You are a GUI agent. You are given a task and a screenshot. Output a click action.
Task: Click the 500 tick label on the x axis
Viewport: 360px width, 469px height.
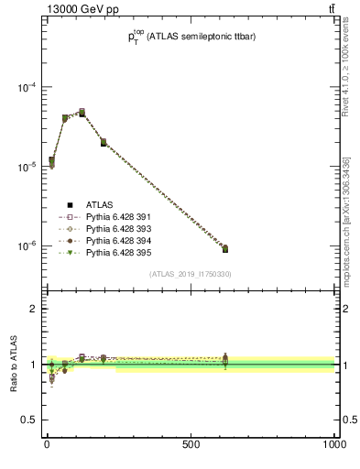[191, 444]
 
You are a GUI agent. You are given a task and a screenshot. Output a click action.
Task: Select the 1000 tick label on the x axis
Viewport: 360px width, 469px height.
[333, 444]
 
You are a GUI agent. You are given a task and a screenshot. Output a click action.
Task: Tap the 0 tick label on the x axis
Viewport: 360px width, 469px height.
[47, 444]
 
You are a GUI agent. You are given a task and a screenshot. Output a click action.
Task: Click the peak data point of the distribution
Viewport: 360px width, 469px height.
[82, 113]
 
